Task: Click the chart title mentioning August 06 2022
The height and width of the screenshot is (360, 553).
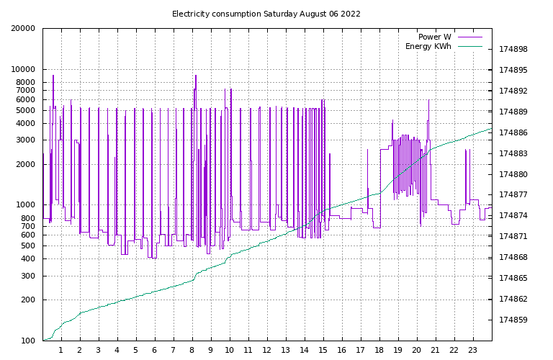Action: [x=266, y=14]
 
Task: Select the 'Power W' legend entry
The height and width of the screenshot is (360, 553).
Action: [x=434, y=37]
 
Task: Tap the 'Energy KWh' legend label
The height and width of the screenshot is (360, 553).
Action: [x=428, y=46]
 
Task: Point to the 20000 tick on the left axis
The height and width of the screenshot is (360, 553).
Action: [x=23, y=29]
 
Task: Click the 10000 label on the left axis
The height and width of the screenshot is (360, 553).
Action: [x=23, y=70]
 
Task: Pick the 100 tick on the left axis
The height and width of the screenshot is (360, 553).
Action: [x=27, y=341]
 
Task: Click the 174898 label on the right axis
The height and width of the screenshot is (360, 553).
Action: [x=513, y=50]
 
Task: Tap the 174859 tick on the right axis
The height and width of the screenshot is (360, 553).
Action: [x=513, y=320]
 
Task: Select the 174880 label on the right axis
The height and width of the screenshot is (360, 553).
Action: [x=513, y=174]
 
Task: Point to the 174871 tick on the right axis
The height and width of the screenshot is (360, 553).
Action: [x=513, y=236]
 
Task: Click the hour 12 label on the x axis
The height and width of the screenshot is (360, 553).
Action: [x=267, y=351]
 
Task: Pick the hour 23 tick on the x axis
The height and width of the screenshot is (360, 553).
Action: [x=473, y=351]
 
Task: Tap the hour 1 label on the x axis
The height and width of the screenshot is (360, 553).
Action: [x=61, y=351]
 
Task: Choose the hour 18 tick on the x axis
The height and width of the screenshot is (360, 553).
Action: [x=379, y=351]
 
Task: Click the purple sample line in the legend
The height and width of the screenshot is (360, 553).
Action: [x=469, y=37]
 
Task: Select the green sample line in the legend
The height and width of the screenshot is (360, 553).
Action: [x=469, y=46]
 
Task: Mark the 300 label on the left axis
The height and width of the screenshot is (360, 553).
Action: [x=27, y=276]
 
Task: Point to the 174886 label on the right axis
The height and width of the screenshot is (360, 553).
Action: [x=513, y=132]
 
